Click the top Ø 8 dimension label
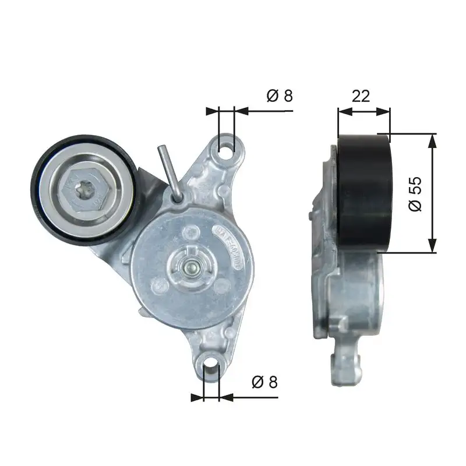click(x=279, y=95)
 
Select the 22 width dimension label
click(x=361, y=96)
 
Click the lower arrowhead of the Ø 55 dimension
click(x=432, y=249)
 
